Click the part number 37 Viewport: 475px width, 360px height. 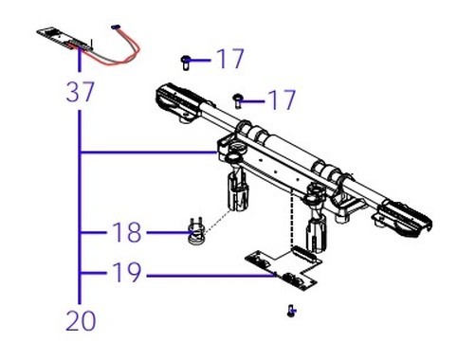[x=81, y=92]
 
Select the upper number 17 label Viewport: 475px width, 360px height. [x=230, y=59]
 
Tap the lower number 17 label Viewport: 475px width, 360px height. [x=282, y=99]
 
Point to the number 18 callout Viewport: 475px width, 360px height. [x=127, y=232]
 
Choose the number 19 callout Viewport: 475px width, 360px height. [x=127, y=272]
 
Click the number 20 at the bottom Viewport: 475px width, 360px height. [x=81, y=321]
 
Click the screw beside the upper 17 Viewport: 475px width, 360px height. [x=185, y=63]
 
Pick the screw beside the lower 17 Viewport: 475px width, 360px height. [x=237, y=101]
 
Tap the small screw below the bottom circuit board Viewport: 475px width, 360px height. [x=291, y=311]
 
